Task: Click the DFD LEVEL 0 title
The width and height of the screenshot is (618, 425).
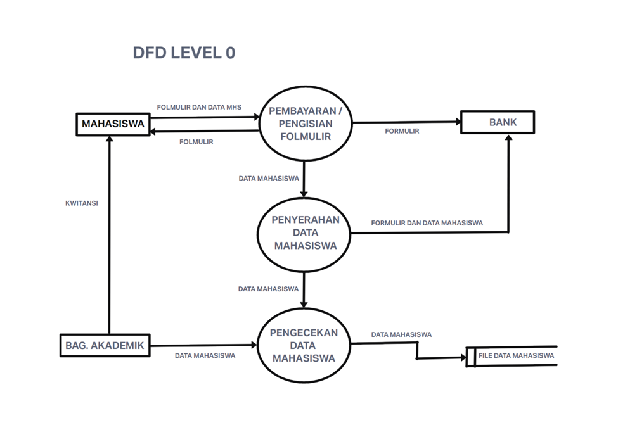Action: (184, 53)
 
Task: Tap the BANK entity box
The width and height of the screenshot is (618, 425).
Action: (498, 122)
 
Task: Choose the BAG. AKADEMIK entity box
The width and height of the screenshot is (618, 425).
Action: (105, 346)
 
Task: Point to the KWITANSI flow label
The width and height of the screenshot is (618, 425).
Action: (81, 204)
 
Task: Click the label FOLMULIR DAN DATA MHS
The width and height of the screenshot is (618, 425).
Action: (199, 106)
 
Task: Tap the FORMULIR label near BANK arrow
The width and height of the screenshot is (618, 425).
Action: (402, 131)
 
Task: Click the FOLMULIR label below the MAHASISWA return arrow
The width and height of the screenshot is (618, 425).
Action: (196, 142)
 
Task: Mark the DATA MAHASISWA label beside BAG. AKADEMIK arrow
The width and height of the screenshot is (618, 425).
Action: (205, 356)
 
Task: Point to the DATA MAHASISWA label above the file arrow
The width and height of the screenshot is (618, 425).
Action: (401, 334)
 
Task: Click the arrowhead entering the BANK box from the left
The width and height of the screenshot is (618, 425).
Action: (456, 122)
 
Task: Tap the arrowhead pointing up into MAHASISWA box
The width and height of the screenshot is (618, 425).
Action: (109, 139)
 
